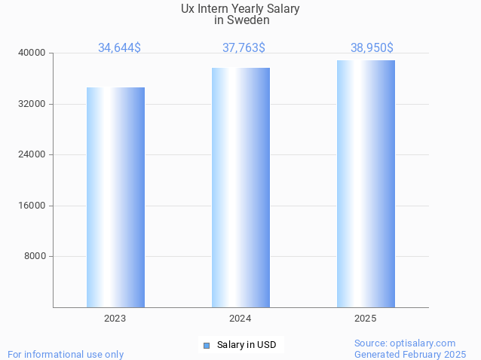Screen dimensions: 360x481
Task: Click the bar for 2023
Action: (x=115, y=197)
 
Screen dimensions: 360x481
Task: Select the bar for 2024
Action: (x=240, y=188)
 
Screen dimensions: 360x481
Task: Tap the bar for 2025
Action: (x=366, y=184)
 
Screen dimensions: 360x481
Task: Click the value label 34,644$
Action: (x=119, y=47)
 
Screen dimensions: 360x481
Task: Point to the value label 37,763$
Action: (x=244, y=47)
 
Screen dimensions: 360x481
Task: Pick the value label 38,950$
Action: (x=372, y=47)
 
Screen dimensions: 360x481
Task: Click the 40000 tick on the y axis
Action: (x=32, y=53)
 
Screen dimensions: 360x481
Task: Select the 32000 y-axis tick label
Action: (x=32, y=104)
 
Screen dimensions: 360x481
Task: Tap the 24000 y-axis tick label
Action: (x=32, y=154)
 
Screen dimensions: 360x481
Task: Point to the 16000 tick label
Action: (x=32, y=206)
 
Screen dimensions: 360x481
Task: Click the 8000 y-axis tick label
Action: (x=35, y=256)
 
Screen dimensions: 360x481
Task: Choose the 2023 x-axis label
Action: (x=115, y=319)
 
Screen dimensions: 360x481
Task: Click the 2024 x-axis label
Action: (x=240, y=319)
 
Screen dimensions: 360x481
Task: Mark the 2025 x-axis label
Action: (x=366, y=319)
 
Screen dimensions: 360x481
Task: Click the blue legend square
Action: (x=206, y=346)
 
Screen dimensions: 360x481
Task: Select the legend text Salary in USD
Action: (x=247, y=345)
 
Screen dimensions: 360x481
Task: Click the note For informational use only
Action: (x=66, y=354)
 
